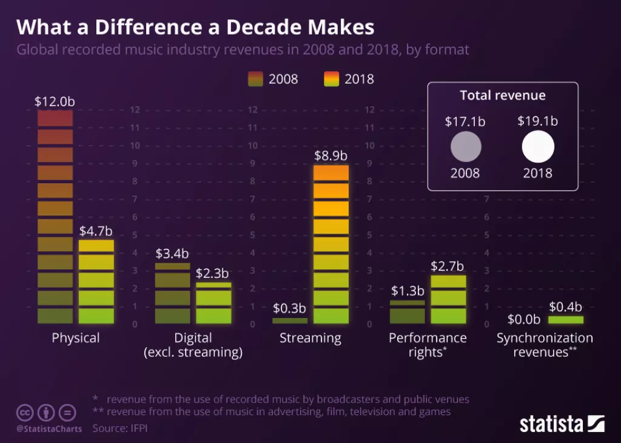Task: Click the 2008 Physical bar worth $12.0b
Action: point(55,216)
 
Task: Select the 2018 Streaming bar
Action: point(331,244)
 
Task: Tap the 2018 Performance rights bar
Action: point(448,299)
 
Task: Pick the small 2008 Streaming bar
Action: point(290,320)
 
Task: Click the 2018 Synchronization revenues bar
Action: point(566,320)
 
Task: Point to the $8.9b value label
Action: point(331,155)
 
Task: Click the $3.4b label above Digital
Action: point(172,253)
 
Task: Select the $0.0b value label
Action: point(523,319)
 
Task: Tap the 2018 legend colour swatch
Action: point(331,79)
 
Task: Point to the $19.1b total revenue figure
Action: point(538,121)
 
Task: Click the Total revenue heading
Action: point(503,95)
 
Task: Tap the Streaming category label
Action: point(310,338)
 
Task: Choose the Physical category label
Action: point(76,338)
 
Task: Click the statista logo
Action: point(562,423)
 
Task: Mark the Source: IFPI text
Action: point(120,428)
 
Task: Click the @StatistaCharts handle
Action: point(49,429)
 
